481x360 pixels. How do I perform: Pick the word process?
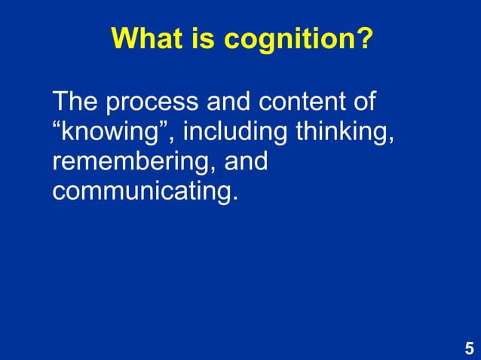pyautogui.click(x=149, y=102)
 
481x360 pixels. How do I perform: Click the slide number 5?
pyautogui.click(x=469, y=349)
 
